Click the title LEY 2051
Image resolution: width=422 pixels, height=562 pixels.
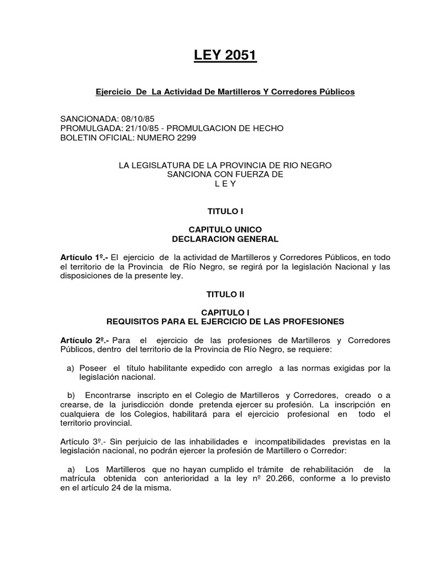click(x=225, y=55)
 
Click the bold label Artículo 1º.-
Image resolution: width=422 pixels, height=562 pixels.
click(x=84, y=257)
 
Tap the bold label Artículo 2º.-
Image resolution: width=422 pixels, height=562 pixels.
click(x=84, y=340)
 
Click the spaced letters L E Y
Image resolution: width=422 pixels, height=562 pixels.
click(x=225, y=184)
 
